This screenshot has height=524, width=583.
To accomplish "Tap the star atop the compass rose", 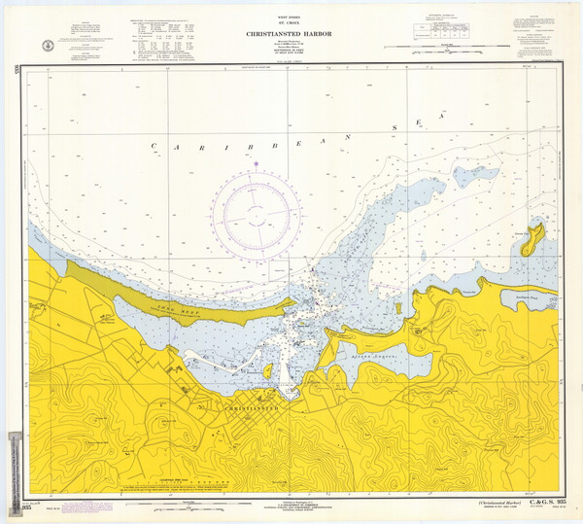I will [x=256, y=163].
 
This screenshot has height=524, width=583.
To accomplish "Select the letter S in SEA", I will [x=395, y=126].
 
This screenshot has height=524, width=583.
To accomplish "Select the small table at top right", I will [x=448, y=33].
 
